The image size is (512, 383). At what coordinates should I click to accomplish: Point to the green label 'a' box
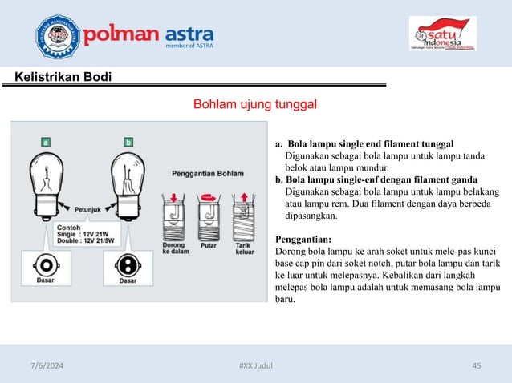click(x=47, y=142)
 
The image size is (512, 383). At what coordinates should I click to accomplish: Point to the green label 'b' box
click(x=128, y=142)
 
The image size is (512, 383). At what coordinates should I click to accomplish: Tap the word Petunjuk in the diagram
click(x=92, y=210)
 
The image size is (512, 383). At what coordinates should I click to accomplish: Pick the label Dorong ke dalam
click(x=175, y=248)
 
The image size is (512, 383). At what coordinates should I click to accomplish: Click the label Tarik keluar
click(x=244, y=248)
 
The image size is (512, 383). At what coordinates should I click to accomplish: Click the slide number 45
click(x=477, y=365)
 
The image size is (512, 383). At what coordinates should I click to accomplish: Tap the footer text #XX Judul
click(x=256, y=365)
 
